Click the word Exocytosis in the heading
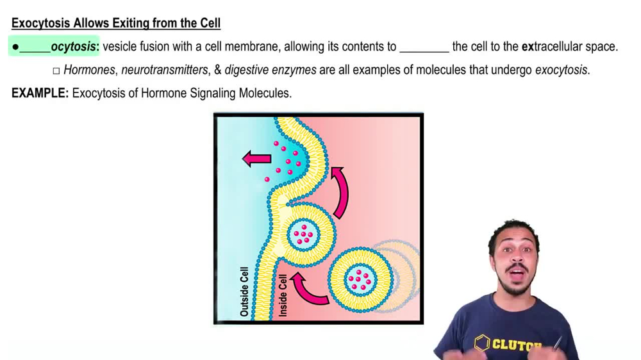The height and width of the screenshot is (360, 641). pyautogui.click(x=40, y=24)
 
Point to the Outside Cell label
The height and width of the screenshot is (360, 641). pyautogui.click(x=244, y=291)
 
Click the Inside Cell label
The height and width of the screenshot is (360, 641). pyautogui.click(x=283, y=295)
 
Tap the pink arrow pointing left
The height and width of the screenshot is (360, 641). pyautogui.click(x=257, y=158)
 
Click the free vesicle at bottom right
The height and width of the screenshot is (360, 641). pyautogui.click(x=360, y=279)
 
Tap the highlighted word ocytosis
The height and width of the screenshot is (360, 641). pyautogui.click(x=74, y=47)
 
